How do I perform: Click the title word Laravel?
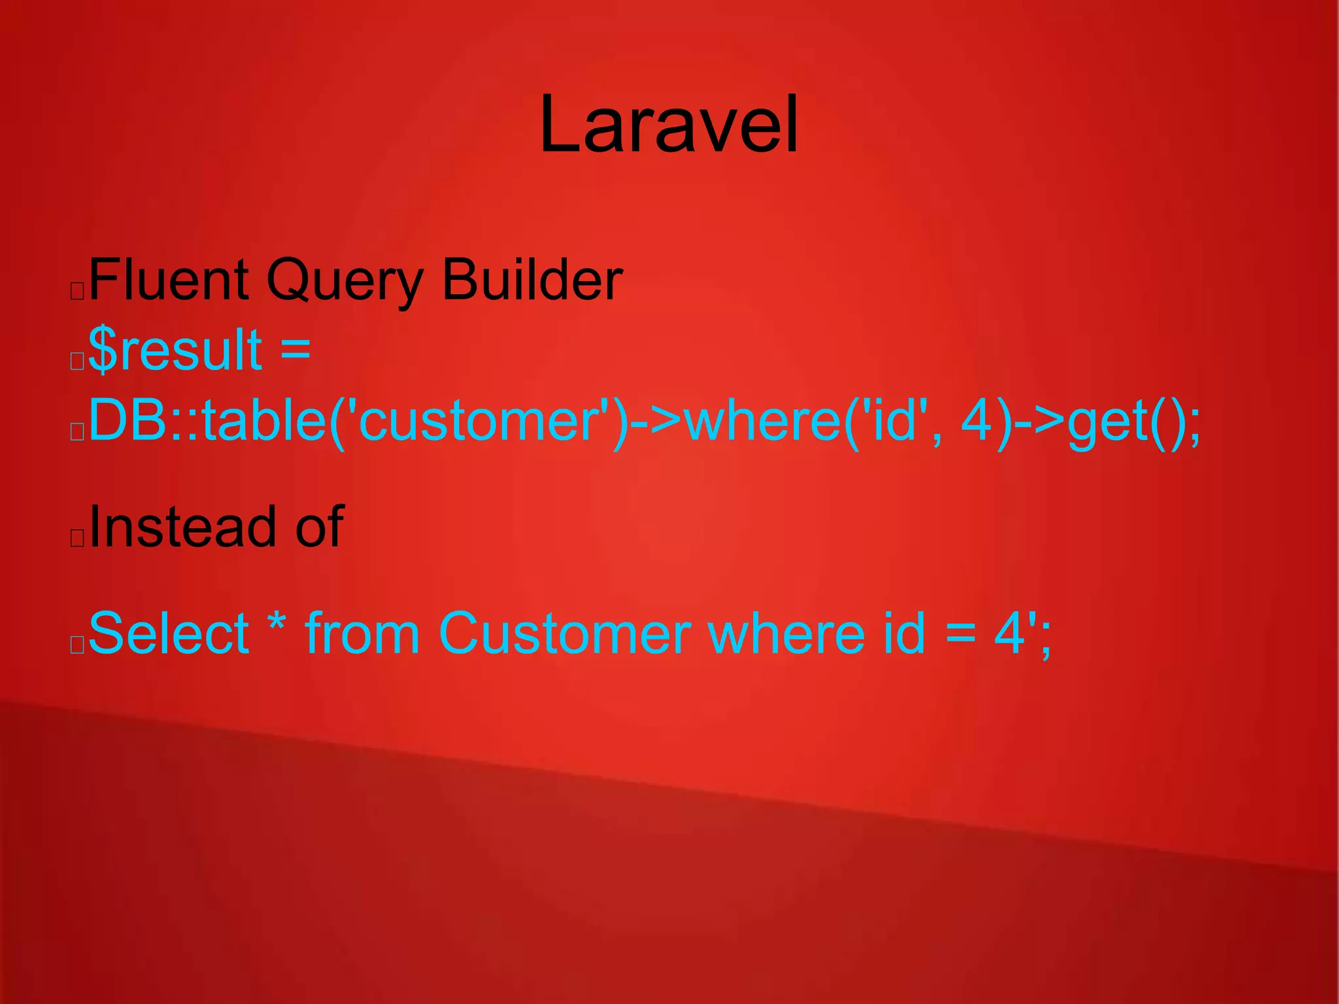(669, 124)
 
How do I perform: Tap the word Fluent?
(169, 280)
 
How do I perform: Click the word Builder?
(532, 280)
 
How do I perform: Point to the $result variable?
(175, 350)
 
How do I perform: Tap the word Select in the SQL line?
(169, 633)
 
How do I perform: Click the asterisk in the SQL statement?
(277, 624)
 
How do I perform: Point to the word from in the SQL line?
(362, 633)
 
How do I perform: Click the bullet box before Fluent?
(77, 290)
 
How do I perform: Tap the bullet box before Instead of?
(77, 537)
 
